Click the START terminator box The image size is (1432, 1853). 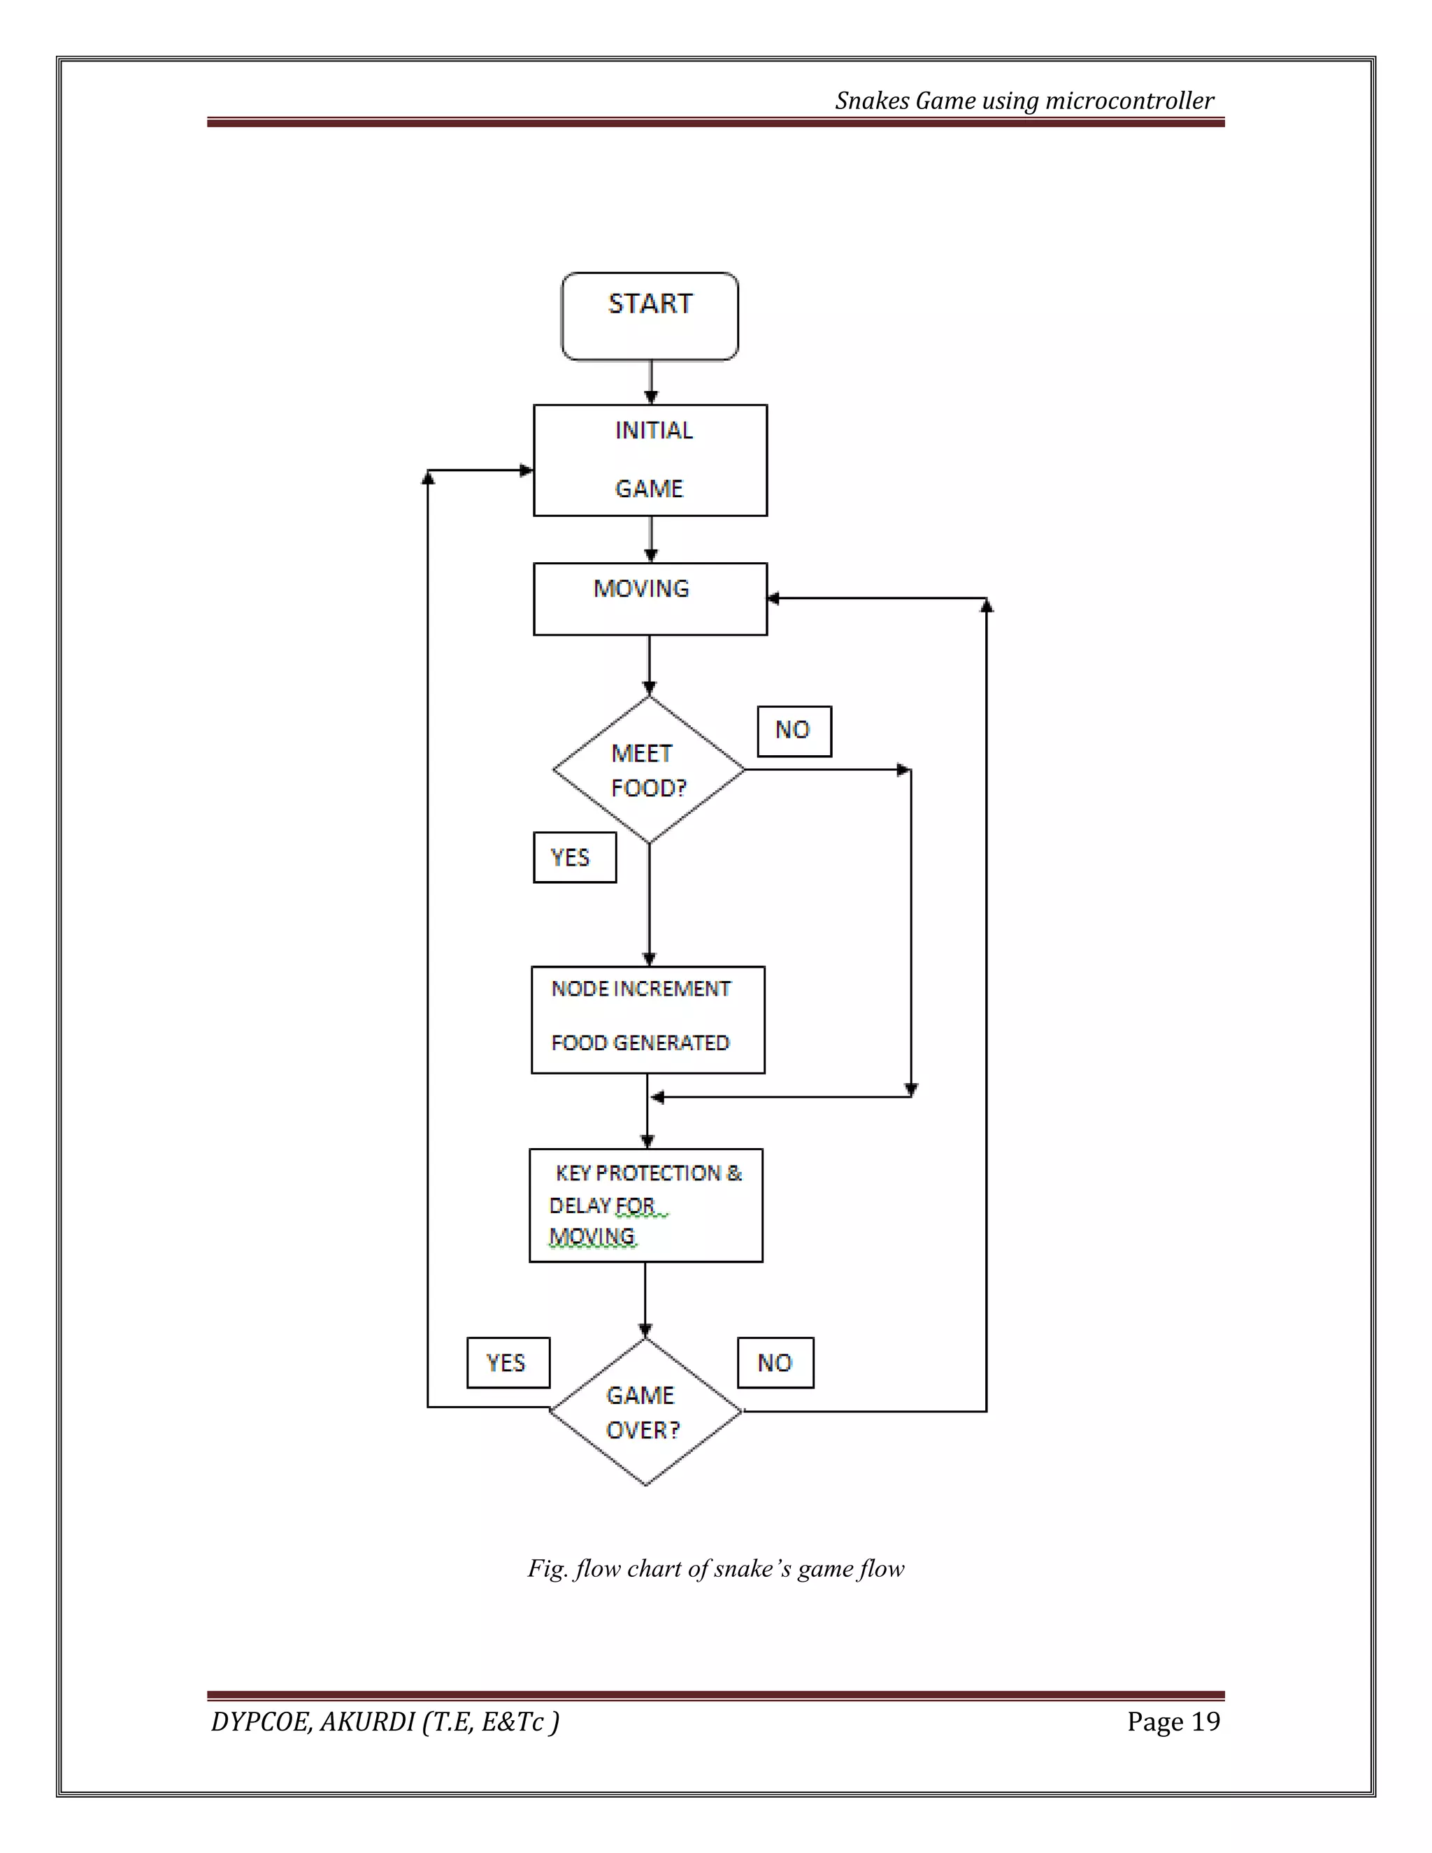tap(650, 317)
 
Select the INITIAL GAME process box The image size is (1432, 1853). tap(650, 460)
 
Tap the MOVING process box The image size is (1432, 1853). tap(650, 599)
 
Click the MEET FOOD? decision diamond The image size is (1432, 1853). tap(649, 771)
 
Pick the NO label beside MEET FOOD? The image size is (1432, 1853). tap(794, 731)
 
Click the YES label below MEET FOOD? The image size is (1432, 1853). tap(574, 858)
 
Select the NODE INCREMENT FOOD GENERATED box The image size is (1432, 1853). tap(648, 1019)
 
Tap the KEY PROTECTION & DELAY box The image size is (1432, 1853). tap(645, 1205)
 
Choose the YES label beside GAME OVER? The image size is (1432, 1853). tap(508, 1364)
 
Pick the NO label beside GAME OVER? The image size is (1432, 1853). tap(775, 1364)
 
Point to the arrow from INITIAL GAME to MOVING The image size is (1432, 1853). tap(651, 540)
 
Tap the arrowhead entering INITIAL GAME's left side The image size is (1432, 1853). tap(526, 470)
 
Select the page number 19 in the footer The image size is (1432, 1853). tap(1205, 1722)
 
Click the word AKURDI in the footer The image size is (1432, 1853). tap(366, 1722)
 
